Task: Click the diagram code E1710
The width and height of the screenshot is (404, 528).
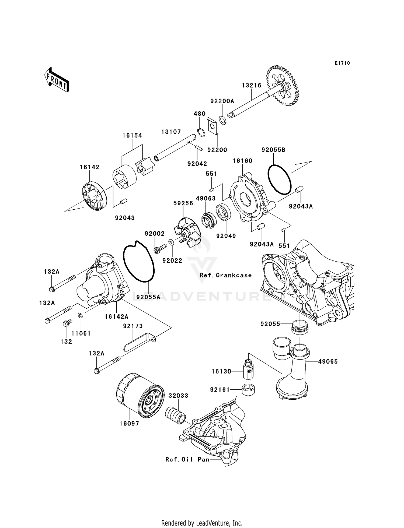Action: (342, 63)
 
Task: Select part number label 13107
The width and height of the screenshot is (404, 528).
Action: (171, 132)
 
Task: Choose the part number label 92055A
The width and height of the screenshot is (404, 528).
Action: (148, 297)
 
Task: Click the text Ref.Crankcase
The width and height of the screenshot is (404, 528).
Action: (226, 275)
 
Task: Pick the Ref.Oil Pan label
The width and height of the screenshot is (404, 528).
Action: (187, 459)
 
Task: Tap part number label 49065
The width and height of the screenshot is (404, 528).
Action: (328, 361)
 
